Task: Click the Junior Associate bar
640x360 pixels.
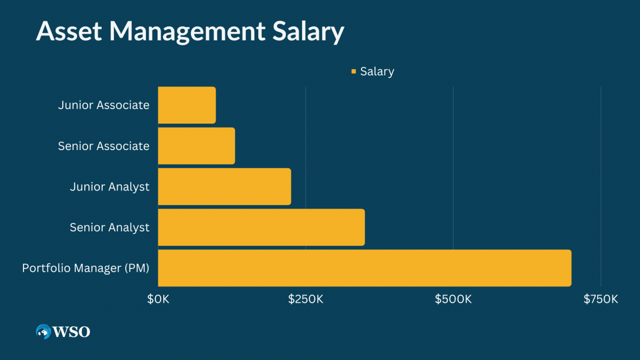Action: (187, 105)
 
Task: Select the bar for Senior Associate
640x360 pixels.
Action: (196, 146)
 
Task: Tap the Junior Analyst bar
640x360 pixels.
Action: (225, 186)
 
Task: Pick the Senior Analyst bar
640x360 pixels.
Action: (261, 227)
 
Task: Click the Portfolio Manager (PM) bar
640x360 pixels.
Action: (364, 268)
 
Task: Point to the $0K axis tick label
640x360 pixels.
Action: (158, 299)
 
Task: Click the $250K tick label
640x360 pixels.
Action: (306, 299)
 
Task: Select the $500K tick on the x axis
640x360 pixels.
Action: (453, 299)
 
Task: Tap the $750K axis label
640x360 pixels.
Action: (600, 299)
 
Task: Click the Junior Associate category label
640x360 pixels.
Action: (104, 105)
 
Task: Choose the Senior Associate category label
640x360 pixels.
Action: (104, 146)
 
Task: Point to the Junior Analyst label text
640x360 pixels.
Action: (109, 186)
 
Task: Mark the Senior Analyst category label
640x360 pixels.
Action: (109, 227)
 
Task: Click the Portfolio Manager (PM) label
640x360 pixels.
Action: (86, 268)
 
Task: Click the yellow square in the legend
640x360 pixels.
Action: (354, 71)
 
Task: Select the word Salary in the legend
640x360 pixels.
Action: (377, 71)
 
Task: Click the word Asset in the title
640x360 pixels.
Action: (68, 32)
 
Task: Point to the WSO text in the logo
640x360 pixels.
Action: (71, 332)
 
